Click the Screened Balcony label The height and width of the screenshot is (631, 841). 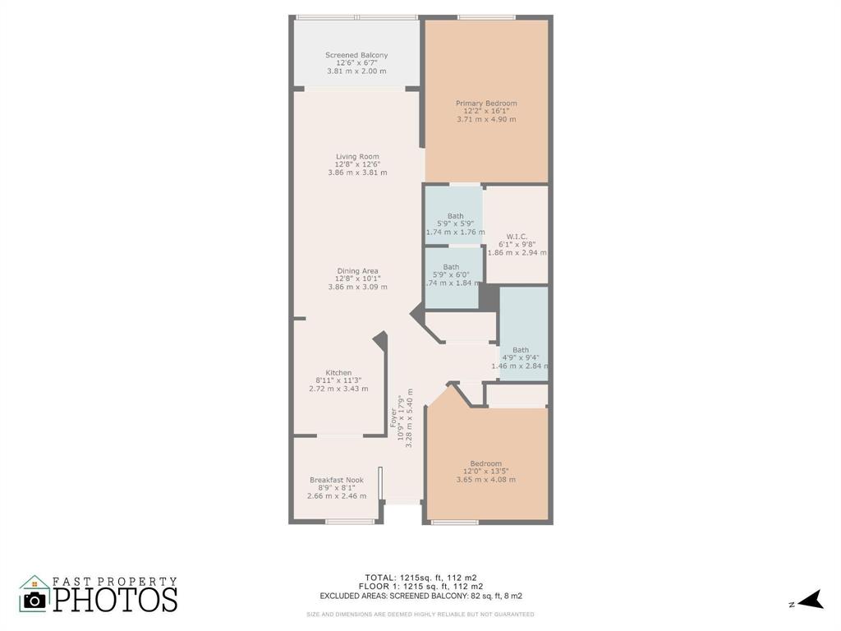pos(356,56)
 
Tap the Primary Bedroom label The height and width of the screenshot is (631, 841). pos(486,104)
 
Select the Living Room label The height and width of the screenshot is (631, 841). pos(357,157)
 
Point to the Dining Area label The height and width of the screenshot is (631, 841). pos(357,271)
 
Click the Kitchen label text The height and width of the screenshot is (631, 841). pos(338,373)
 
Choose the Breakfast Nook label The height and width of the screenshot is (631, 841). pos(337,481)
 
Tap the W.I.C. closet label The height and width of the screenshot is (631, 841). pos(517,237)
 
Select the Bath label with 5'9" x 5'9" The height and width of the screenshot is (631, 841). pos(455,217)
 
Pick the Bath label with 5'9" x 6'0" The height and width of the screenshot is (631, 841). pos(452,267)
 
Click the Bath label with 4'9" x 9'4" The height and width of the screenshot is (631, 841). pos(521,350)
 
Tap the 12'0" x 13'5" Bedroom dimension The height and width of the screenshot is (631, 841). pos(486,472)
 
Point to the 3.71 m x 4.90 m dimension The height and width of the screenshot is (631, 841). pos(486,120)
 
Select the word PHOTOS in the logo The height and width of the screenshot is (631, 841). pos(116,599)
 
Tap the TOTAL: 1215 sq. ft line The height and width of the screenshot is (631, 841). pos(420,577)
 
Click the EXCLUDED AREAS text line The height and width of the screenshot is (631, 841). pos(420,596)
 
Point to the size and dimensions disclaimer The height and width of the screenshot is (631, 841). pos(420,615)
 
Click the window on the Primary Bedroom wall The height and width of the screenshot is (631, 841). pos(486,17)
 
